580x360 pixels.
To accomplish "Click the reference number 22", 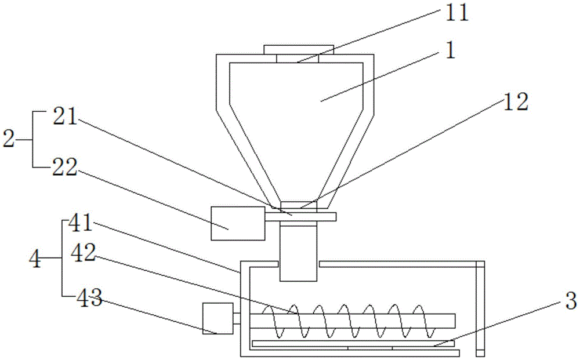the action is [x=66, y=166].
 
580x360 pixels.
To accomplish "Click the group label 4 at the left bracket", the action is [x=35, y=259].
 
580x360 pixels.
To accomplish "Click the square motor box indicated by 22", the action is [x=229, y=223].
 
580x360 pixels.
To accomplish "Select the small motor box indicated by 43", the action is [x=217, y=318].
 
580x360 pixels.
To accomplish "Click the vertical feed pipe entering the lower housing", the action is [x=299, y=253].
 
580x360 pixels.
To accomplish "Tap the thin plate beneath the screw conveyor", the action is [x=345, y=344].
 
